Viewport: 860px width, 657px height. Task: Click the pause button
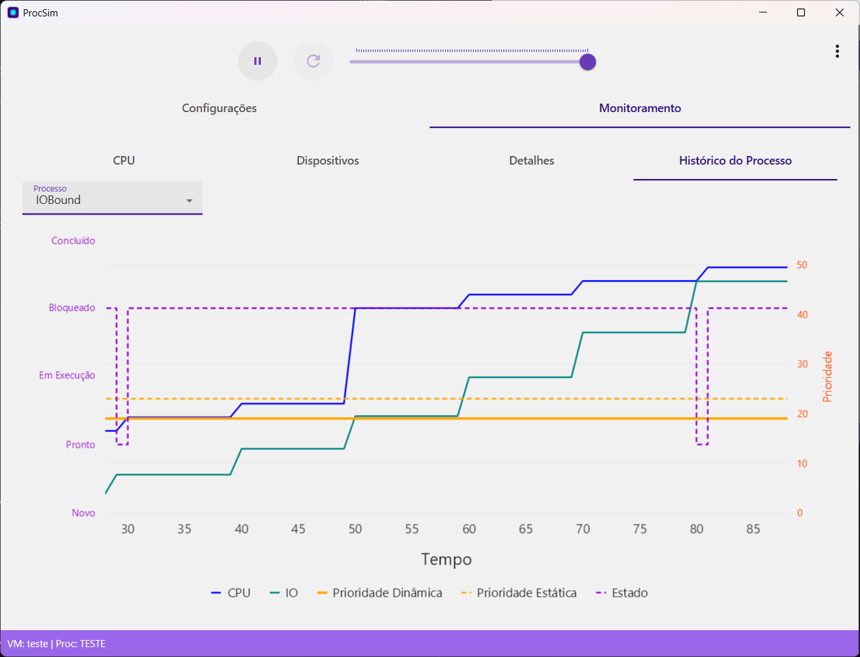coord(258,61)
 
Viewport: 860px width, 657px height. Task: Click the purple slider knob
coord(587,62)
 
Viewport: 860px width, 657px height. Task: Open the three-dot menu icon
coord(837,51)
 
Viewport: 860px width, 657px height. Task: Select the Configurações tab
coord(219,108)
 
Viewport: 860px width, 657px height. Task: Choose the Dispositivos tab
coord(328,161)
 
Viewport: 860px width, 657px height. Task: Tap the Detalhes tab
coord(532,161)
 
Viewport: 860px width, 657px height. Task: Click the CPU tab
coord(124,161)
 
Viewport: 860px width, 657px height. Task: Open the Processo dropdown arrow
coord(189,201)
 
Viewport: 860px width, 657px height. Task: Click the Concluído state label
coord(73,241)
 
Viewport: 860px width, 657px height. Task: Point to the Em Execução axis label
coord(67,376)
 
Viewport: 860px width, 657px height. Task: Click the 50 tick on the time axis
coord(355,529)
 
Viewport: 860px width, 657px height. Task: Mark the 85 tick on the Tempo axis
coord(753,529)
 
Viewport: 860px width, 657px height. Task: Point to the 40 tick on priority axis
coord(802,315)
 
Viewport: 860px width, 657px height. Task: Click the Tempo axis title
coord(446,559)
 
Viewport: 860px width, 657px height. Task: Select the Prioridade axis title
coord(827,376)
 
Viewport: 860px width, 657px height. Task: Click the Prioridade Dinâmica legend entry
coord(380,593)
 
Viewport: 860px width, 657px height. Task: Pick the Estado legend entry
coord(622,593)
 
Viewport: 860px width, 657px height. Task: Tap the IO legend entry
coord(284,593)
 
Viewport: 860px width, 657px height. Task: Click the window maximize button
coord(801,12)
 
